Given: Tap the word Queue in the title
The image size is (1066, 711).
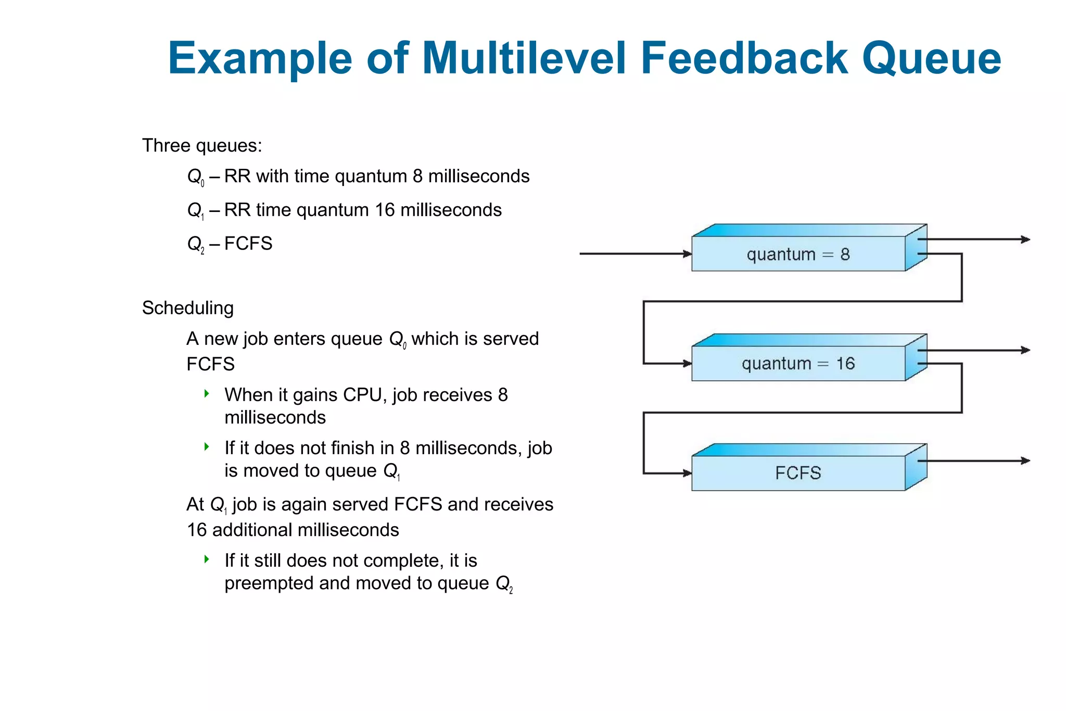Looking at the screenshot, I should [931, 58].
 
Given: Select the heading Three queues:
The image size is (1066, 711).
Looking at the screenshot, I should [202, 145].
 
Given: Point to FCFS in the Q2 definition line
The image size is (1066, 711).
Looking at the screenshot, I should [248, 243].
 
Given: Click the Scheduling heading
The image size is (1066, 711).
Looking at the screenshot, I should [187, 308].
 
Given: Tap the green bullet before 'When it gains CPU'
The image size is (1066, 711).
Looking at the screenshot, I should [207, 394].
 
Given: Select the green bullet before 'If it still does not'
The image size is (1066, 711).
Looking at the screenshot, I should [207, 559].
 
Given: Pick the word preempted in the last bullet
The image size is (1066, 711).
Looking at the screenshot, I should [269, 583].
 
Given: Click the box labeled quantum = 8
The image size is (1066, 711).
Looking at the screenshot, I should [798, 254].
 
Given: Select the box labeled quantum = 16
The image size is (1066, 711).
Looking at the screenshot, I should [798, 364].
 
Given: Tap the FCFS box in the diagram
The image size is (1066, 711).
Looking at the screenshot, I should [798, 473].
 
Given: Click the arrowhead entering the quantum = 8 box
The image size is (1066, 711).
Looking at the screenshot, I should [687, 254].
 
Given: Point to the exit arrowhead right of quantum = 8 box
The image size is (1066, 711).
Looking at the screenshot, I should [1025, 240].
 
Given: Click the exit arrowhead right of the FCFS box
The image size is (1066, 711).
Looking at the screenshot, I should [1025, 461].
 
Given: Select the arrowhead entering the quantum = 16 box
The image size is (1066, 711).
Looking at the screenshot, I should [687, 364].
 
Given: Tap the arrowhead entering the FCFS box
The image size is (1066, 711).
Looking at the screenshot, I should [687, 473].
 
